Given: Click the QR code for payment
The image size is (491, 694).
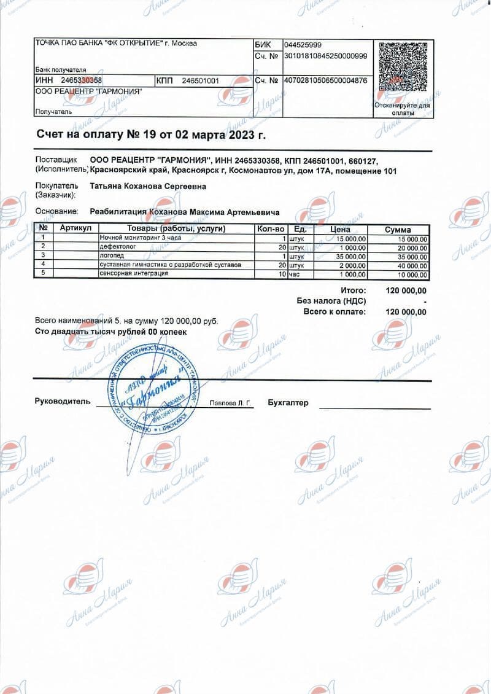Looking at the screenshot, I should (402, 72).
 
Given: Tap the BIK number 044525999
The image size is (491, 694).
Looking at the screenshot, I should (303, 45).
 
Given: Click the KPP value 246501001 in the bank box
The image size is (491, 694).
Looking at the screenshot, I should (200, 80).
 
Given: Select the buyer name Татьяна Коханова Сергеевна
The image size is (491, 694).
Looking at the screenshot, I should (148, 186).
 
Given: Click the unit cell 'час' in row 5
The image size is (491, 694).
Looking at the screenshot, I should (295, 274).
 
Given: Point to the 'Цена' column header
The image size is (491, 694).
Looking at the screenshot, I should (339, 229).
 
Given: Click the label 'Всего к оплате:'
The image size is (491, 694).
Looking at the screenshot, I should (334, 312).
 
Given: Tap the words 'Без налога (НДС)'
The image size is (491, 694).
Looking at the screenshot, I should (331, 301).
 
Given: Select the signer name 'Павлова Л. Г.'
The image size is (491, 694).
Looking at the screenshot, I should (231, 404).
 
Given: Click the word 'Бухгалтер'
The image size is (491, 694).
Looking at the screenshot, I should (288, 403).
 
